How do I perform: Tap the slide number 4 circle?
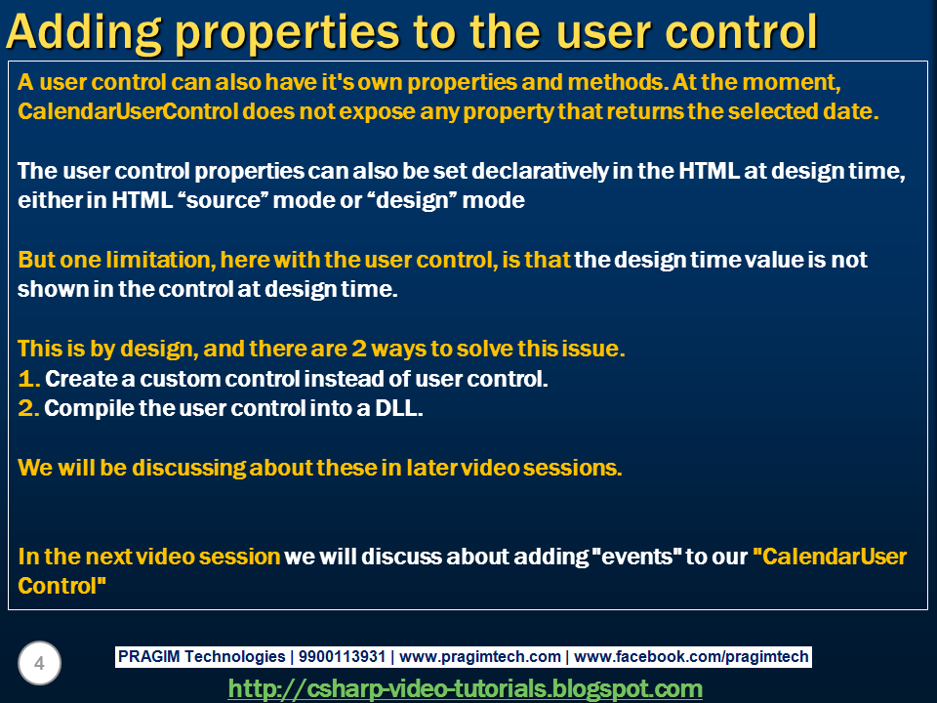pos(39,663)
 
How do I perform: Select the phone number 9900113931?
pos(342,656)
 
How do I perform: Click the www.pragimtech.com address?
pos(480,656)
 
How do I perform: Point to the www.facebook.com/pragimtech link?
pos(691,656)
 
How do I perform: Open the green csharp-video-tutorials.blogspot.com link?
pos(465,688)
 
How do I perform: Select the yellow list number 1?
pos(28,379)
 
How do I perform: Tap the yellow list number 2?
pos(28,408)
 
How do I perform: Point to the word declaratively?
pos(540,172)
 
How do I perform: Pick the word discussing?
pos(187,468)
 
